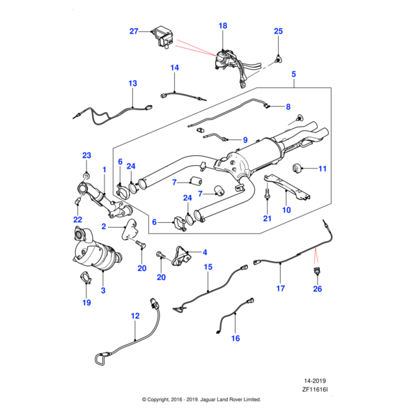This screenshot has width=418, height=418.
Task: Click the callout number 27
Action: (134, 31)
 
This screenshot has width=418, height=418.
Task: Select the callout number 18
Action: (223, 26)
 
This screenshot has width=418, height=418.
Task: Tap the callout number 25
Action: (278, 31)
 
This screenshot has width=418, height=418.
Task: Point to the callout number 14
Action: (174, 68)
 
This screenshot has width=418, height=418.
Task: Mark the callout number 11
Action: (322, 169)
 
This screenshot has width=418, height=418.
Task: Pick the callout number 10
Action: (286, 209)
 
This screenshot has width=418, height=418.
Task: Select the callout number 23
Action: (86, 155)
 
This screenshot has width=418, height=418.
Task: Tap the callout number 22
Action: (78, 220)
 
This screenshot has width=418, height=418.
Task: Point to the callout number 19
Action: (86, 302)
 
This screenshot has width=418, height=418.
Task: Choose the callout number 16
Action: (235, 338)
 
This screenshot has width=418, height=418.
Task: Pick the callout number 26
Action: (317, 289)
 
